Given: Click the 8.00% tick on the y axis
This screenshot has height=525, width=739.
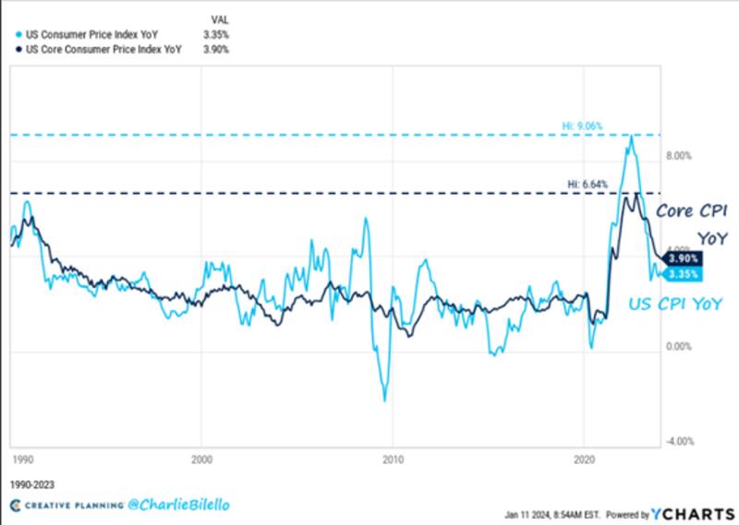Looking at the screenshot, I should pyautogui.click(x=679, y=156).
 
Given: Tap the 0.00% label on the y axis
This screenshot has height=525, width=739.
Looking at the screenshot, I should pyautogui.click(x=679, y=347).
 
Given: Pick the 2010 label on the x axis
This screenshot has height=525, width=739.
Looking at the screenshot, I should pyautogui.click(x=393, y=459).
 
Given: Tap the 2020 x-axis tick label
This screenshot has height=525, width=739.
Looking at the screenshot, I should pyautogui.click(x=584, y=459).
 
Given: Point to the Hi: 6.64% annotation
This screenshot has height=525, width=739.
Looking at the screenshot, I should pyautogui.click(x=588, y=184).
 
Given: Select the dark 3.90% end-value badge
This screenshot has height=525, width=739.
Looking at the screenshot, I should pyautogui.click(x=682, y=260).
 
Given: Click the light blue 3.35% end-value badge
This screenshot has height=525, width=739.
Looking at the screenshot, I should pyautogui.click(x=682, y=274).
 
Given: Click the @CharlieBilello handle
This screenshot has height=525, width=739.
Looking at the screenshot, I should pyautogui.click(x=151, y=505).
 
